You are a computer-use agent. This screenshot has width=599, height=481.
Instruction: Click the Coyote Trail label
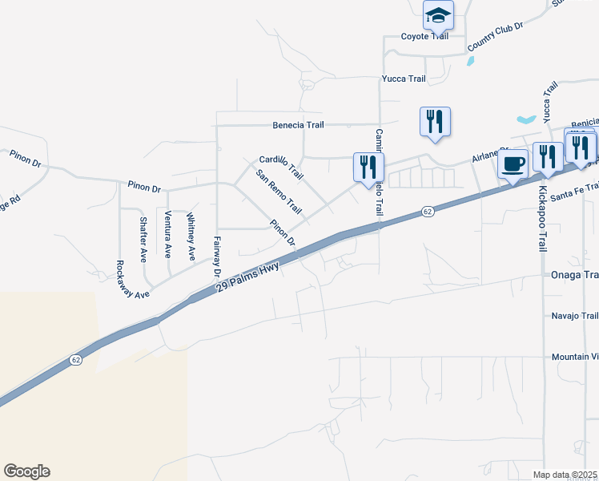pyautogui.click(x=425, y=36)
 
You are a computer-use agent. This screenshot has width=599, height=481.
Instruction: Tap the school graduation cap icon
pyautogui.click(x=438, y=15)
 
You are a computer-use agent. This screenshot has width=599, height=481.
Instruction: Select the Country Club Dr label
pyautogui.click(x=495, y=37)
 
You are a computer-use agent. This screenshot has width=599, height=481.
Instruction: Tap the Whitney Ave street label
pyautogui.click(x=191, y=236)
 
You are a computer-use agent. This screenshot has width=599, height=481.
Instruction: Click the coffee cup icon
pyautogui.click(x=513, y=164)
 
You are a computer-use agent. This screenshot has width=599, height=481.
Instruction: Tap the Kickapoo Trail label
pyautogui.click(x=542, y=220)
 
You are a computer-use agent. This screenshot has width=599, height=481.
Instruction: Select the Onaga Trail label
pyautogui.click(x=574, y=275)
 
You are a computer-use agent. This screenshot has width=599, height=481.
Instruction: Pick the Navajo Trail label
pyautogui.click(x=574, y=316)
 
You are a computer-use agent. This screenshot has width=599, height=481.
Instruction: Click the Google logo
pyautogui.click(x=26, y=471)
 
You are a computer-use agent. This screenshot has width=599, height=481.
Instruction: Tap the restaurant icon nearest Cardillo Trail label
pyautogui.click(x=368, y=167)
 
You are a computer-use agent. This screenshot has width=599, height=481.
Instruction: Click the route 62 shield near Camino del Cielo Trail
pyautogui.click(x=428, y=212)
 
